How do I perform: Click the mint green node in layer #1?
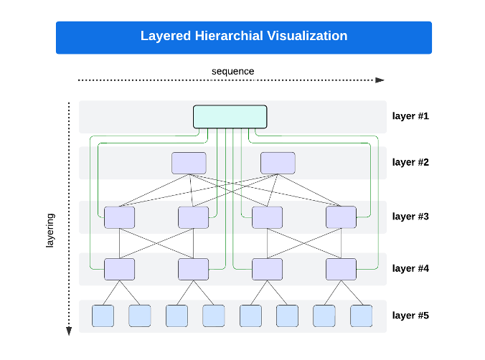pyautogui.click(x=230, y=117)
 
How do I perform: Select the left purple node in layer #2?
pyautogui.click(x=189, y=163)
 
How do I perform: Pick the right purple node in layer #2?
pyautogui.click(x=278, y=163)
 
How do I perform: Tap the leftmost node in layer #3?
pyautogui.click(x=119, y=217)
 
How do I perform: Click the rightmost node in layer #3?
pyautogui.click(x=341, y=217)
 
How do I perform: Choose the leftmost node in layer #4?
pyautogui.click(x=119, y=269)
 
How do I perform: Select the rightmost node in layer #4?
pyautogui.click(x=341, y=269)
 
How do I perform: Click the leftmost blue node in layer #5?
pyautogui.click(x=103, y=316)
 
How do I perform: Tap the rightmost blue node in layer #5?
pyautogui.click(x=362, y=316)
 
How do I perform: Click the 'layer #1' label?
pyautogui.click(x=410, y=115)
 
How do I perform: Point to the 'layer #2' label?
pyautogui.click(x=410, y=162)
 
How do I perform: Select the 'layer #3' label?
pyautogui.click(x=410, y=216)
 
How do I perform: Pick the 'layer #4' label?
pyautogui.click(x=410, y=268)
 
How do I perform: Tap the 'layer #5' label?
pyautogui.click(x=410, y=315)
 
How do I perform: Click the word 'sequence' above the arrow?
pyautogui.click(x=232, y=71)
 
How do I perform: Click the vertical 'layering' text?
pyautogui.click(x=50, y=231)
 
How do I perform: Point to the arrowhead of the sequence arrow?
pyautogui.click(x=380, y=80)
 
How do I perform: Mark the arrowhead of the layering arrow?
pyautogui.click(x=69, y=331)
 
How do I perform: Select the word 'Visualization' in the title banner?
pyautogui.click(x=306, y=36)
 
